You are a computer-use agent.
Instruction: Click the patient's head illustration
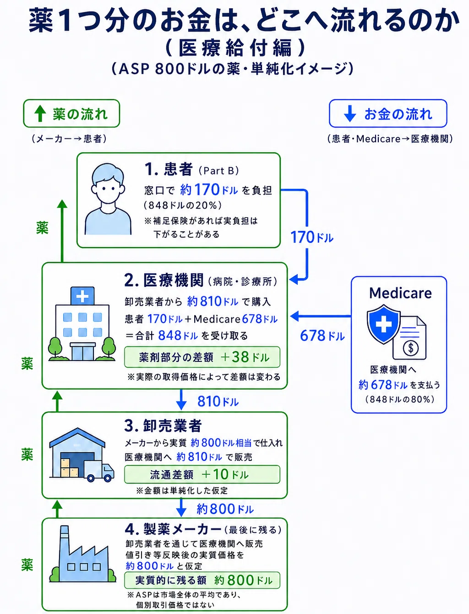[108, 183]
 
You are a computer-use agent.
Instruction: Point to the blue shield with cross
[384, 324]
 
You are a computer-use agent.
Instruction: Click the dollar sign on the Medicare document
[410, 348]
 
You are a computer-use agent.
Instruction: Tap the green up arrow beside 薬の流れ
[40, 113]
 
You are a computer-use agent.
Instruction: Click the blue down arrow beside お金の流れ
[349, 114]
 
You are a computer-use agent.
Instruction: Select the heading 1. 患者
[169, 169]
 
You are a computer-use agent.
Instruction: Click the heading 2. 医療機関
[164, 280]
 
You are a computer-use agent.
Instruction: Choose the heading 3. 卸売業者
[163, 426]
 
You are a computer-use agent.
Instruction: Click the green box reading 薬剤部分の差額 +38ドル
[202, 357]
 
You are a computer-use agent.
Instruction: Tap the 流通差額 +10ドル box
[202, 474]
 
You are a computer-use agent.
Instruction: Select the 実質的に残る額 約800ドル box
[202, 581]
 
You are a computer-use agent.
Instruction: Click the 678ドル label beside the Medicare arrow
[322, 336]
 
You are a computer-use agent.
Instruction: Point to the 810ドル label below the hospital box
[218, 401]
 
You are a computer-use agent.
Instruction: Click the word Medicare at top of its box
[400, 293]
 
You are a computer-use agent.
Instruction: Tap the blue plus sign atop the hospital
[82, 296]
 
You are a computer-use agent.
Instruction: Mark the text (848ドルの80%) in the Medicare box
[400, 399]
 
